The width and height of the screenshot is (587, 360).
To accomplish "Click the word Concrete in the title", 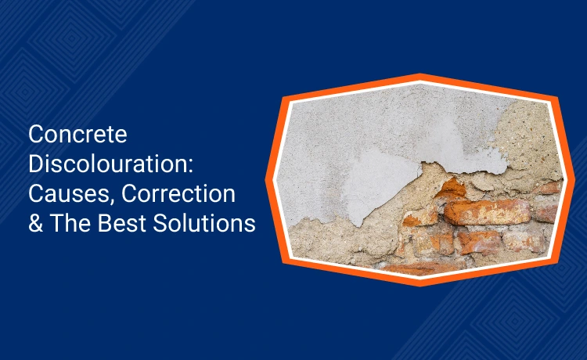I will (x=77, y=135).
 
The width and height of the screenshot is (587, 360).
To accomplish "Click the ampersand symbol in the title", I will (x=36, y=224).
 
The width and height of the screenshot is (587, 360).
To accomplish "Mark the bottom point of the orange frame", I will (x=420, y=283).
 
